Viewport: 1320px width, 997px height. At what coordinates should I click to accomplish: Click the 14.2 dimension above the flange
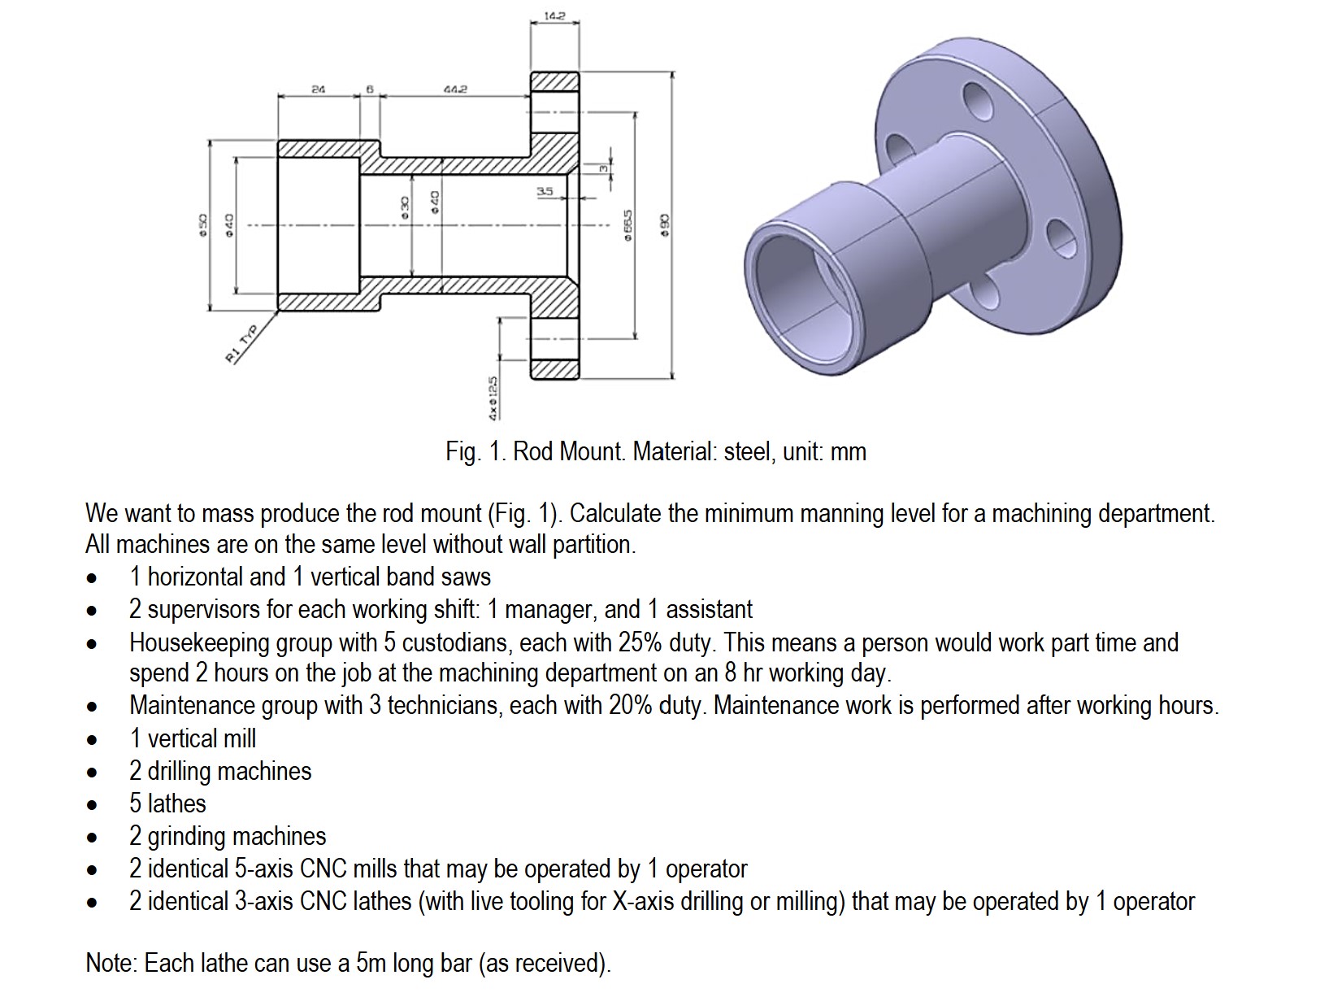(555, 16)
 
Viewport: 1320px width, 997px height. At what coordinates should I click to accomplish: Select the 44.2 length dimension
(455, 89)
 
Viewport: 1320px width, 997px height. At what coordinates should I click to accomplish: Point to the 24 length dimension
(318, 89)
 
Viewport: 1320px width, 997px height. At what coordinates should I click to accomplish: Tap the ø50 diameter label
(203, 225)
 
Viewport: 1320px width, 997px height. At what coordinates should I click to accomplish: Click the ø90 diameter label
(664, 225)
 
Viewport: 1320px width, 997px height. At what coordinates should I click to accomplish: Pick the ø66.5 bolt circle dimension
(628, 225)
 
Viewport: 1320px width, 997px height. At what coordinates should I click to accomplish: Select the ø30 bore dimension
(405, 206)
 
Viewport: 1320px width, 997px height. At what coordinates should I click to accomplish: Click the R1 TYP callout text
(241, 344)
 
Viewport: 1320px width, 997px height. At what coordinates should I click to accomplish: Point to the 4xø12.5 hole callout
(493, 398)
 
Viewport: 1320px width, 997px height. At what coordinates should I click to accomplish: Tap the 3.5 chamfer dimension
(545, 191)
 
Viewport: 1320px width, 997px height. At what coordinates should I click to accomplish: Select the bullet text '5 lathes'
(167, 803)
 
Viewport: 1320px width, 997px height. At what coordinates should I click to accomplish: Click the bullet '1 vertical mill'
(193, 738)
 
